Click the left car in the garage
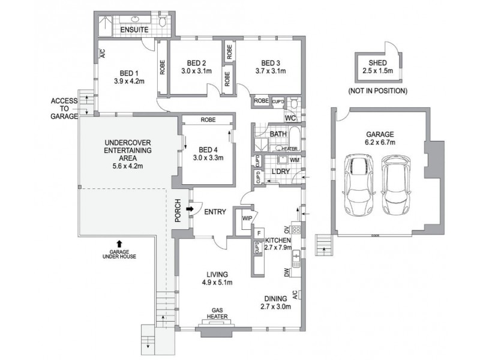(359, 185)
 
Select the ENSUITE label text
(136, 29)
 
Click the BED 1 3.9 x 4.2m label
(129, 76)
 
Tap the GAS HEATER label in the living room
(217, 313)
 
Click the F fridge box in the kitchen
(259, 233)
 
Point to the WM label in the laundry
(293, 160)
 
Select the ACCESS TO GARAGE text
(64, 109)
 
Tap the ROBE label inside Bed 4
(208, 120)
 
